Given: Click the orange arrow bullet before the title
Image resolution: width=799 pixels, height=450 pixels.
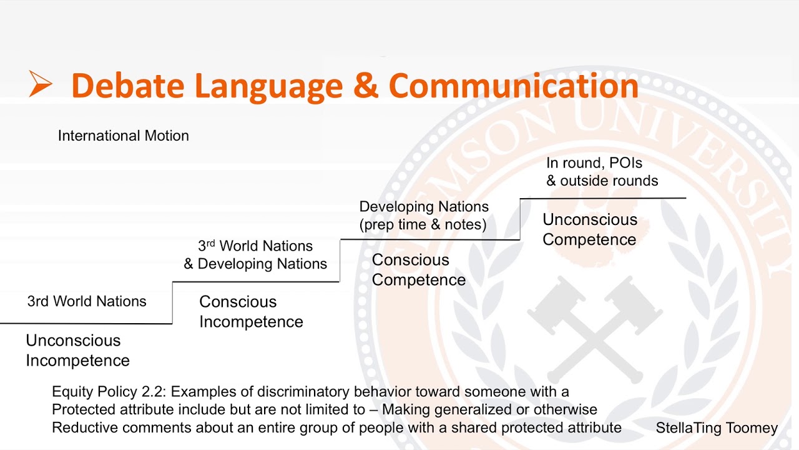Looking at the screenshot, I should pyautogui.click(x=40, y=84).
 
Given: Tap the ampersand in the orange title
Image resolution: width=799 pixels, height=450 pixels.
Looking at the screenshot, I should pyautogui.click(x=366, y=85).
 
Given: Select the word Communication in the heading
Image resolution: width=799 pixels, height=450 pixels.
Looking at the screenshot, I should pyautogui.click(x=513, y=85).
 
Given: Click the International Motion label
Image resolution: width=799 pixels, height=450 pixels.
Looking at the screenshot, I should pyautogui.click(x=123, y=136).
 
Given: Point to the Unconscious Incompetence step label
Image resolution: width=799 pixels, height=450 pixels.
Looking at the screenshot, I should pyautogui.click(x=77, y=351).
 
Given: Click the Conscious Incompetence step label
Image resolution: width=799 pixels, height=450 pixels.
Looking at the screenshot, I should pyautogui.click(x=251, y=312).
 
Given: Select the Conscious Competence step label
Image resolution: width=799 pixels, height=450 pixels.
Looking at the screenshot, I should pyautogui.click(x=418, y=270).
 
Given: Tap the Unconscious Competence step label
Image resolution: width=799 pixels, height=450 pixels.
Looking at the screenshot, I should pyautogui.click(x=589, y=229).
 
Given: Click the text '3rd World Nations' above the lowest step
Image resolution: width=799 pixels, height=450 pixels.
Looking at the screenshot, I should pyautogui.click(x=87, y=301).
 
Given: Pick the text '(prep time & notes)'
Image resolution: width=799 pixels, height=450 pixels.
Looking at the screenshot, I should pyautogui.click(x=423, y=224).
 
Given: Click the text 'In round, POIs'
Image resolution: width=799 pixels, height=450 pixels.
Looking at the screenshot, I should pyautogui.click(x=594, y=163).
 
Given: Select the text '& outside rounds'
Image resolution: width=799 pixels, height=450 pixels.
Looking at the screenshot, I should pyautogui.click(x=602, y=181).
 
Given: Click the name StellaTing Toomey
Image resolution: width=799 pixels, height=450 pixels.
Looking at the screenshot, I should pyautogui.click(x=716, y=428).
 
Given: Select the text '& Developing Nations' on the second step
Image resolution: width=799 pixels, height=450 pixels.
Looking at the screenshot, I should pyautogui.click(x=255, y=264).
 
